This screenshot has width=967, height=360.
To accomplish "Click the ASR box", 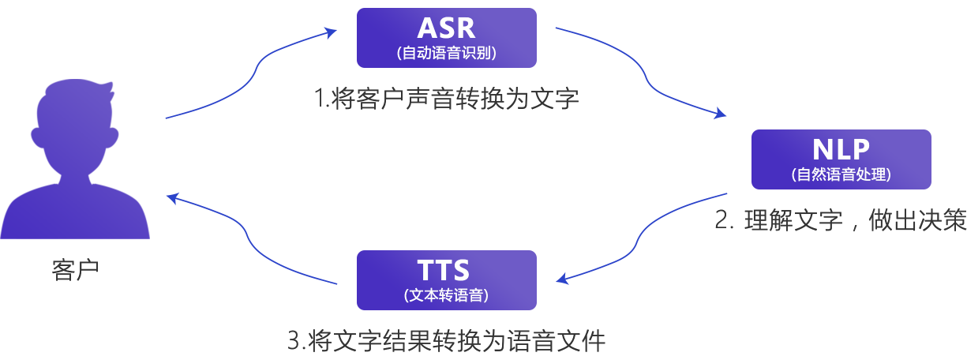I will (446, 38).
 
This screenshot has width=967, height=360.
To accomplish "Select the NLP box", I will (841, 159).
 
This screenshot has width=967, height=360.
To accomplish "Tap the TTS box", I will (446, 280).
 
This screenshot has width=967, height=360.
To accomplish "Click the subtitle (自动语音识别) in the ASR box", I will (446, 54).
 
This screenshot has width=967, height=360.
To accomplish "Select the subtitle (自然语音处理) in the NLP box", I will (841, 175).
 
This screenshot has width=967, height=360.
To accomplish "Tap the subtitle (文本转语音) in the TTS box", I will (446, 296).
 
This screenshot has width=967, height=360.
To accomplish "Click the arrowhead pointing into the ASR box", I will (332, 32).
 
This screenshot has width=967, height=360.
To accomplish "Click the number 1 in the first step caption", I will (319, 99).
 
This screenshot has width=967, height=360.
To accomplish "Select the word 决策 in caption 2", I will (943, 221).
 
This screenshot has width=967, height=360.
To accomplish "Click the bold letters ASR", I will (446, 28).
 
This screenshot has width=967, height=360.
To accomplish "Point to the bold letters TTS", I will (444, 271).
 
